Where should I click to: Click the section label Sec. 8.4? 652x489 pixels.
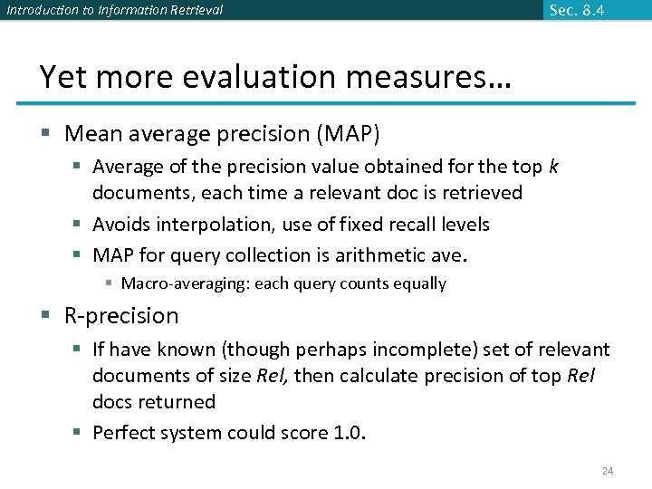coord(577,11)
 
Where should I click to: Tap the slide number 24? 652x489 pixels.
coord(608,471)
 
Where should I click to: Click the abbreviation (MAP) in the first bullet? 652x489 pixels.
coord(348,134)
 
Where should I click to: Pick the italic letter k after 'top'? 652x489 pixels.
coord(553,167)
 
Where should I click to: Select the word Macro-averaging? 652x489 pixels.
coord(185,283)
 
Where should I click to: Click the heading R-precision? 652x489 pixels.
coord(121,316)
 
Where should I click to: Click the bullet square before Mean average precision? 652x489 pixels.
coord(45,135)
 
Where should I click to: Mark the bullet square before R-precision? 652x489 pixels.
coord(45,316)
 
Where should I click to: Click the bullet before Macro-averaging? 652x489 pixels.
coord(109,284)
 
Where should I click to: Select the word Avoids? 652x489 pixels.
coord(121,224)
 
